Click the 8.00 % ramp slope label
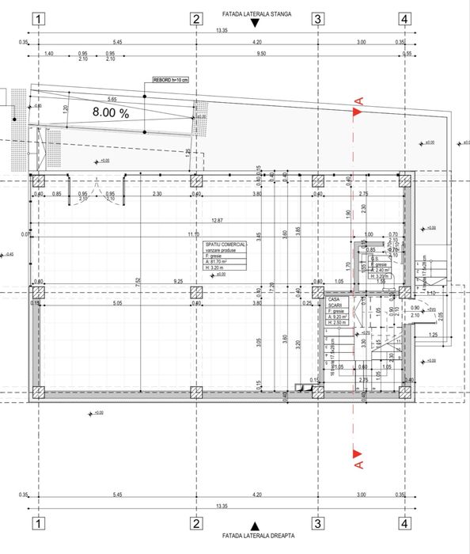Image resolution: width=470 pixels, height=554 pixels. [x=110, y=113]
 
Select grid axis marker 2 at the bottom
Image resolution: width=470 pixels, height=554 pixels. [x=195, y=524]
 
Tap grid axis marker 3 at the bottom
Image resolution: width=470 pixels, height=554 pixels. [x=316, y=524]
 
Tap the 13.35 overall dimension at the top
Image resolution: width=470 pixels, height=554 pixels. [x=222, y=31]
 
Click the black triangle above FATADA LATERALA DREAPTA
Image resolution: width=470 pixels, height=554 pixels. [x=254, y=526]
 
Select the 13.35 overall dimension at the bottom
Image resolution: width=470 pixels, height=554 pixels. [x=222, y=505]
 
